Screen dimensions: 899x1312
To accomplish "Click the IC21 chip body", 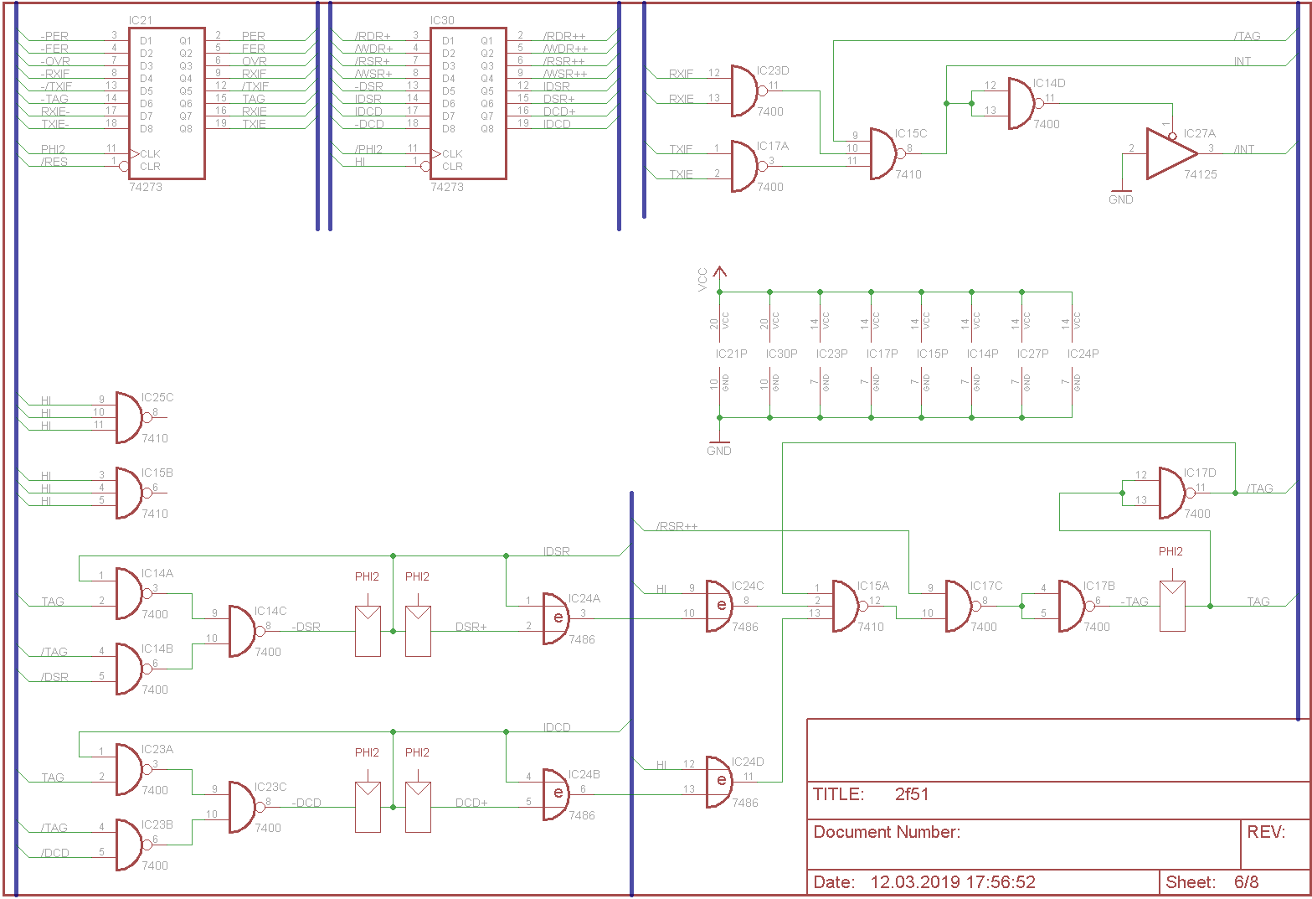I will pos(166,103).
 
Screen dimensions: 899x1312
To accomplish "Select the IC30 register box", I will pos(468,103).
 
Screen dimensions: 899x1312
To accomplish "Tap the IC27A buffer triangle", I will pos(1171,153).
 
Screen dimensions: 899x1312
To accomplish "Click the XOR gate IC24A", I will pos(556,618).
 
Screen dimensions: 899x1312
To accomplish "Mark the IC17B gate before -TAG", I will pos(1072,606).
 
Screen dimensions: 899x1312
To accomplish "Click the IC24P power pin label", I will pos(1083,354).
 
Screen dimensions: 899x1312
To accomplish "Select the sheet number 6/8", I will pos(1246,882).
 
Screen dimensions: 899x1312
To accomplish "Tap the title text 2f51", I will pos(912,794).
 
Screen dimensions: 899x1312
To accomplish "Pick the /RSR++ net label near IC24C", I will pos(677,526).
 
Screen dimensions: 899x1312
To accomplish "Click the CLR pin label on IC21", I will pos(151,166).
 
